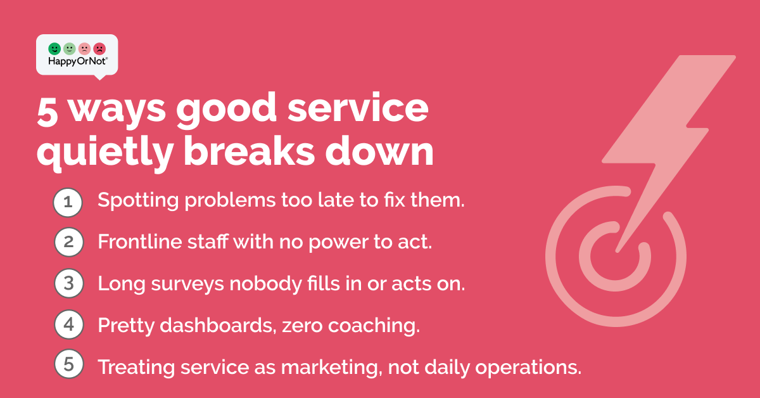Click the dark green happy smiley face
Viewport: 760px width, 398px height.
click(x=54, y=49)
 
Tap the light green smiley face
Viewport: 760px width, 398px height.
click(x=69, y=49)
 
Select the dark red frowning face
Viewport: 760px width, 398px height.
click(x=99, y=49)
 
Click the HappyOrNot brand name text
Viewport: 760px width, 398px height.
click(x=77, y=61)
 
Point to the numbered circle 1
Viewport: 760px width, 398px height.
click(x=68, y=202)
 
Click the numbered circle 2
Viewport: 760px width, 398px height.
click(x=69, y=242)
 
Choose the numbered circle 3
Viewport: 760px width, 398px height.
click(x=69, y=283)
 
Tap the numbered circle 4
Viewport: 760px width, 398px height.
click(x=69, y=324)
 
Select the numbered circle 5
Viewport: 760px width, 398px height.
click(x=69, y=364)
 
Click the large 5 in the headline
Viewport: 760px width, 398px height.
click(x=47, y=113)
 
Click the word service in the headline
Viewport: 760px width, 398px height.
click(x=358, y=108)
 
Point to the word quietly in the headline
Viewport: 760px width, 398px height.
click(x=105, y=152)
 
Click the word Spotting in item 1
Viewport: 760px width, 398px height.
click(x=138, y=201)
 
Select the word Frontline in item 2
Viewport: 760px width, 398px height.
click(x=140, y=241)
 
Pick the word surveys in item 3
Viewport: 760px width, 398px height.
click(x=187, y=284)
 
